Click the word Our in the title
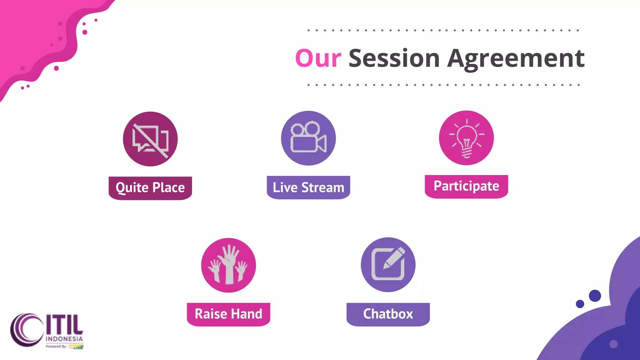(x=318, y=58)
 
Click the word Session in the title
(x=394, y=58)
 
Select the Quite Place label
(x=150, y=188)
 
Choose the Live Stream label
(x=308, y=187)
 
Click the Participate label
(x=466, y=186)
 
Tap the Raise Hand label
(x=228, y=314)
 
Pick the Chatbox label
(x=388, y=314)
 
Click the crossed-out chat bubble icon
(x=150, y=139)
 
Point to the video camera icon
(x=308, y=138)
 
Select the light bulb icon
(x=466, y=138)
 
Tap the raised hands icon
(x=228, y=265)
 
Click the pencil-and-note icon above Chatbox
(x=388, y=265)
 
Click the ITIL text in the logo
(x=65, y=324)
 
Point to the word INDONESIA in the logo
(x=64, y=339)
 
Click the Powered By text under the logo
(x=57, y=346)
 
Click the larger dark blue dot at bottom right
(x=595, y=296)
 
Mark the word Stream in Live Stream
(x=322, y=187)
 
